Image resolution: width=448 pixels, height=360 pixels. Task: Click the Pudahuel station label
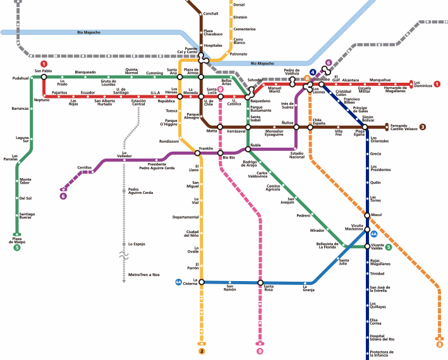[21, 78]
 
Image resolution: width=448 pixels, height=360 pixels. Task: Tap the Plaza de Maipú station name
[16, 239]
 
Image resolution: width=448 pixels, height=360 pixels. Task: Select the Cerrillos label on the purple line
[84, 167]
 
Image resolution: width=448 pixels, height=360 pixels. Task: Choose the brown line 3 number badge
[440, 127]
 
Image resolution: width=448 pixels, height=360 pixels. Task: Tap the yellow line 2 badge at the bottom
[202, 351]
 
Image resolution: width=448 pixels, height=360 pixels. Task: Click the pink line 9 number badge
[260, 351]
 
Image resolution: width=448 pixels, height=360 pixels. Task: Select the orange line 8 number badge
[440, 344]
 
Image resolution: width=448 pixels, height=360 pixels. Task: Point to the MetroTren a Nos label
[143, 275]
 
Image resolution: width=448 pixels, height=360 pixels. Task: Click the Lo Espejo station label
[136, 244]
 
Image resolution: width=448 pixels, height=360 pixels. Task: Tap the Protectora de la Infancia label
[383, 353]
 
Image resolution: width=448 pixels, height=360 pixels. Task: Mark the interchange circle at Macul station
[367, 215]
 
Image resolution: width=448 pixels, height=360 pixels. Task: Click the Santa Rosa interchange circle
[260, 282]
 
